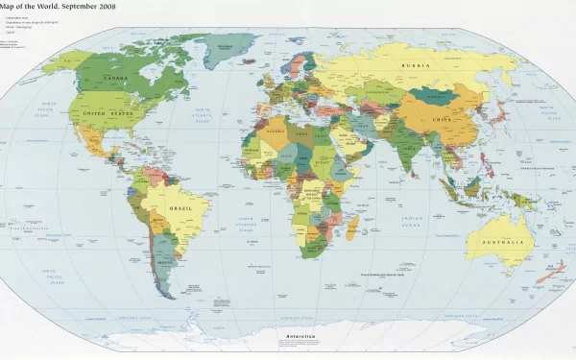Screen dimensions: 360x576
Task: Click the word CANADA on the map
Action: point(114,78)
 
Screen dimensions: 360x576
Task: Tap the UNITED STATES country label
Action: point(108,113)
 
